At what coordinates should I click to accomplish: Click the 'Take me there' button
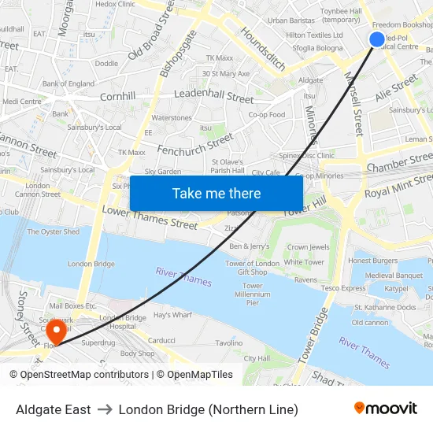point(216,193)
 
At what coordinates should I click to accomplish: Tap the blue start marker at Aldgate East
point(377,39)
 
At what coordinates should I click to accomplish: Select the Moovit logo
point(385,409)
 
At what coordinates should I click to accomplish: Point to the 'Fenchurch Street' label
point(195,143)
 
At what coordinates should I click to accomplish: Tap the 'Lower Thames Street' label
point(150,217)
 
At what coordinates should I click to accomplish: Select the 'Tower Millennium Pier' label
point(252,294)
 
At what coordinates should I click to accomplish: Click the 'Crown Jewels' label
point(309,247)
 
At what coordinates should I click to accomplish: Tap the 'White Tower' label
point(303,262)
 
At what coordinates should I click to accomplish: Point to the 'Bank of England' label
point(68,83)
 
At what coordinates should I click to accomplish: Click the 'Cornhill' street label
point(118,96)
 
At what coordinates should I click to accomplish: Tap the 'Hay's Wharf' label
point(172,315)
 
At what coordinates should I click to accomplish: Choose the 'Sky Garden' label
point(162,171)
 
